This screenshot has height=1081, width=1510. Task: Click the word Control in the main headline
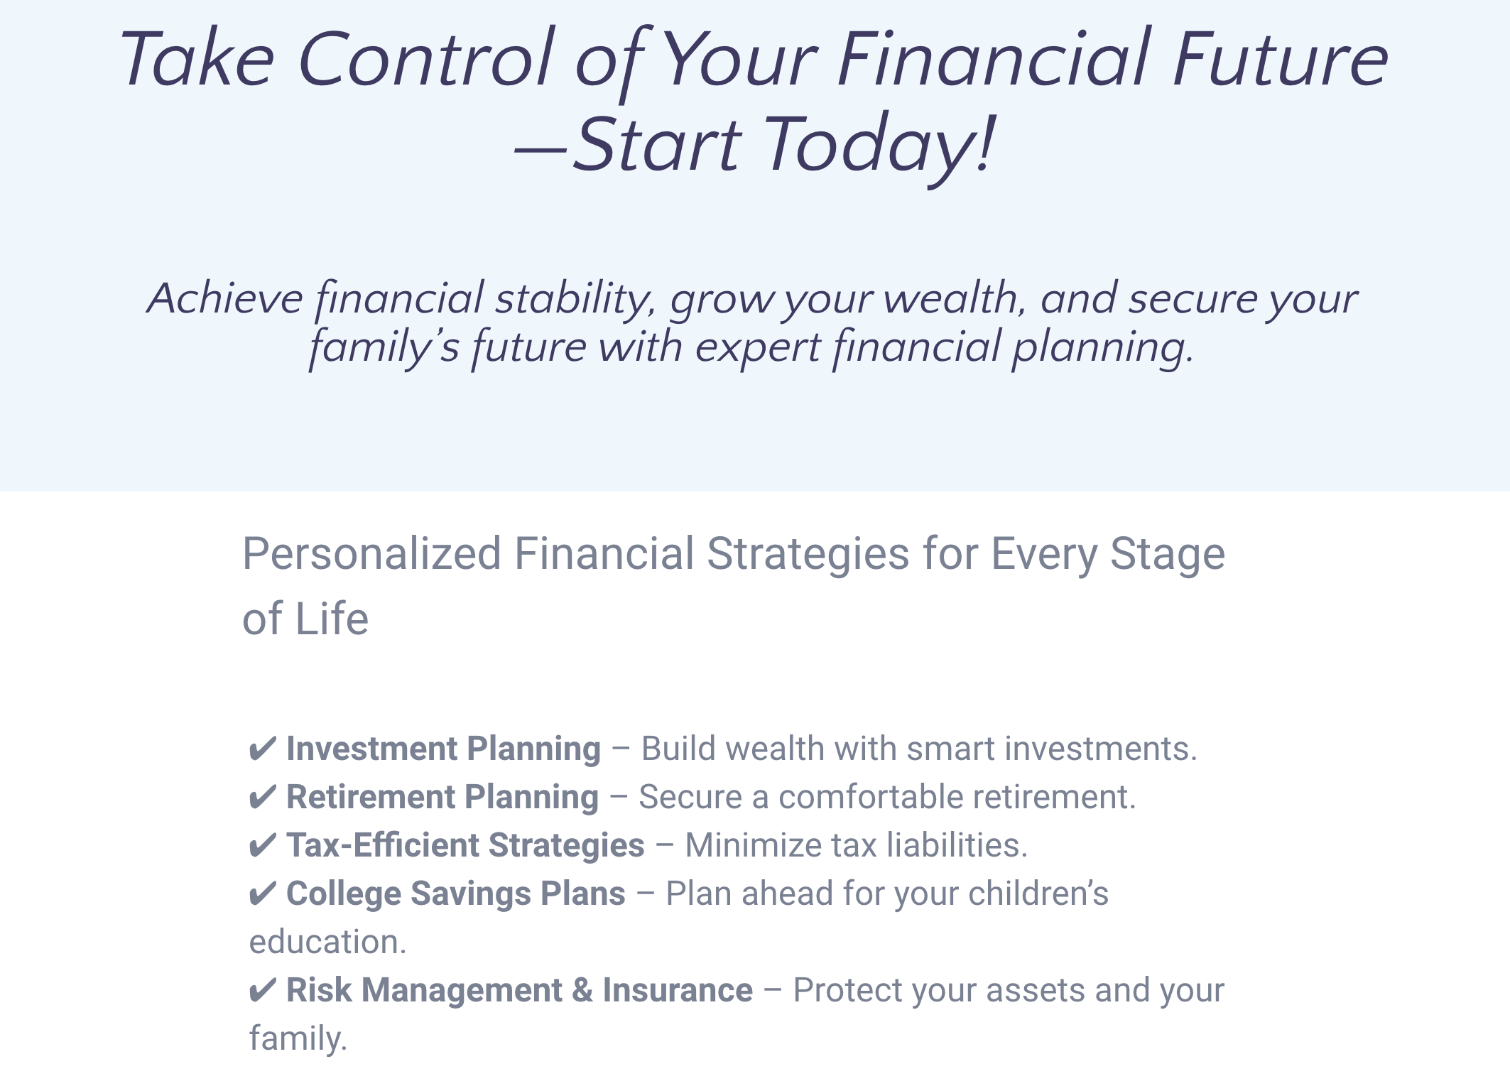pyautogui.click(x=426, y=58)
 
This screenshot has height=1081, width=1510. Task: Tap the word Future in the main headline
pyautogui.click(x=1280, y=58)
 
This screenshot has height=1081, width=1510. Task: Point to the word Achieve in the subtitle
pyautogui.click(x=224, y=298)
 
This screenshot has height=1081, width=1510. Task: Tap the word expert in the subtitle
pyautogui.click(x=757, y=347)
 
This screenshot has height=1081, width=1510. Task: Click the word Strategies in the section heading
pyautogui.click(x=808, y=554)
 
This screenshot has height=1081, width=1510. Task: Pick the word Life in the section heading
pyautogui.click(x=332, y=619)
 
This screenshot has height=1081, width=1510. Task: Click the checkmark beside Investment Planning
pyautogui.click(x=262, y=749)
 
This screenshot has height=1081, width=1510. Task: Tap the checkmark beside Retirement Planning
pyautogui.click(x=262, y=798)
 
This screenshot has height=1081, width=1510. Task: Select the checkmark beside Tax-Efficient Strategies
pyautogui.click(x=262, y=846)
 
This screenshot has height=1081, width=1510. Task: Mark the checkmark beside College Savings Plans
pyautogui.click(x=262, y=894)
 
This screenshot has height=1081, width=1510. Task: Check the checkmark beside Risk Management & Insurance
pyautogui.click(x=262, y=991)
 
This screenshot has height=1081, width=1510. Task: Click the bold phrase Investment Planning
pyautogui.click(x=443, y=749)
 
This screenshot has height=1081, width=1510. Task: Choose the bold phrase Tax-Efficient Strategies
pyautogui.click(x=465, y=846)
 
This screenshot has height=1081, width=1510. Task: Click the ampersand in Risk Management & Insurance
pyautogui.click(x=582, y=990)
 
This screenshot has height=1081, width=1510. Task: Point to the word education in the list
pyautogui.click(x=327, y=943)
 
